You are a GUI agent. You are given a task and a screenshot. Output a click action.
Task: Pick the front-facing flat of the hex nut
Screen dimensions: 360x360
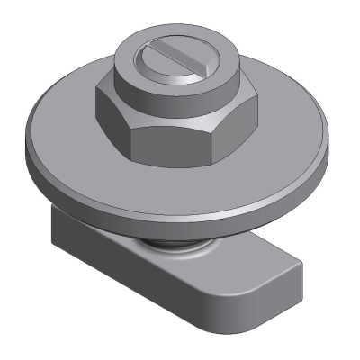click(180, 136)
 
